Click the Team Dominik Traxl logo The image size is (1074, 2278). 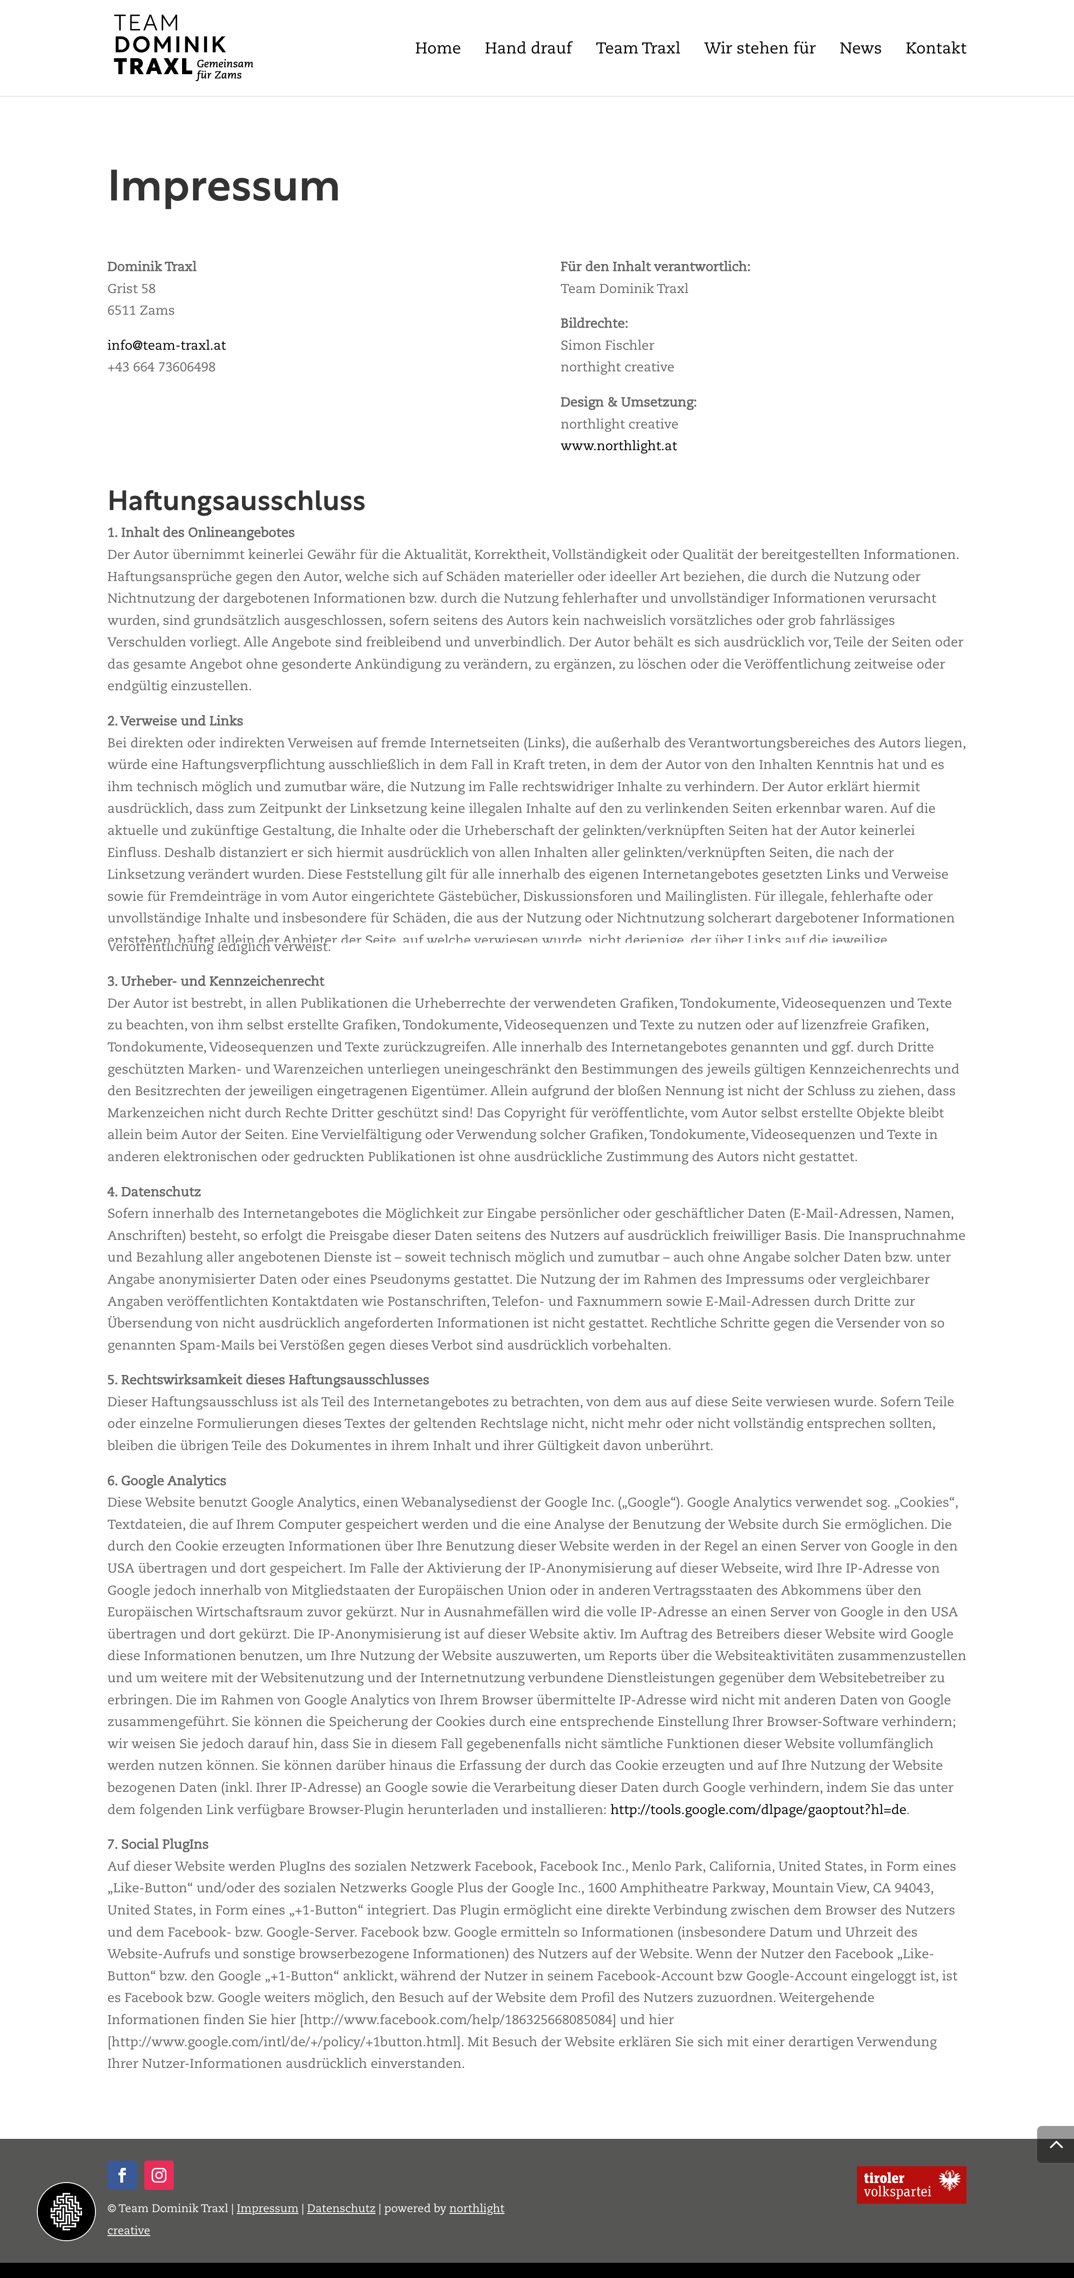coord(183,48)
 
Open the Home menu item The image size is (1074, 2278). coord(438,48)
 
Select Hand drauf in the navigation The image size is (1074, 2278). coord(528,48)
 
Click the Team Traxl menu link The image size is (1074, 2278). coord(638,48)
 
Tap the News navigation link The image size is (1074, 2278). coord(860,48)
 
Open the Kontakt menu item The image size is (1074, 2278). coord(935,48)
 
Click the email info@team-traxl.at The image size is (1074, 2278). coord(166,345)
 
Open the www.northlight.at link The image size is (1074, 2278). coord(619,446)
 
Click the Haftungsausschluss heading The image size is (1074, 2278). coord(236,500)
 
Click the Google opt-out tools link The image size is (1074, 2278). coord(758,1809)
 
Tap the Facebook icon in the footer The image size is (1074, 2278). coord(122,2174)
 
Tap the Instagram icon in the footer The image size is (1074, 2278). coord(159,2174)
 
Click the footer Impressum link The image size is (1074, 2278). coord(267,2208)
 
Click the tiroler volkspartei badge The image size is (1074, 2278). coord(911,2184)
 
